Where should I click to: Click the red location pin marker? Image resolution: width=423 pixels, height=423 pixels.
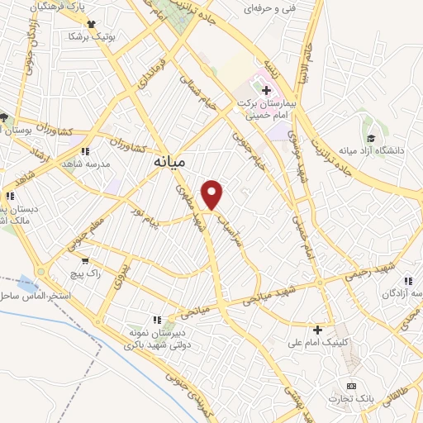click(x=213, y=193)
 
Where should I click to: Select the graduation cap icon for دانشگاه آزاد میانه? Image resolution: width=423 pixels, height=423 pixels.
click(x=371, y=135)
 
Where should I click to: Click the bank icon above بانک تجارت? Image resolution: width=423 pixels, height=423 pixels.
click(x=351, y=386)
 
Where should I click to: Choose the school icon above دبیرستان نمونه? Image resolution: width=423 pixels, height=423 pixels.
click(x=156, y=320)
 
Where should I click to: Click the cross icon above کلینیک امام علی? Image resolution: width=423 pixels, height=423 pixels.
click(x=317, y=329)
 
